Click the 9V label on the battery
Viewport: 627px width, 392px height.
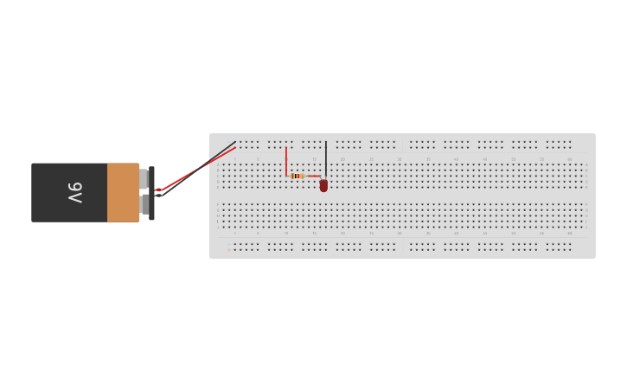(x=75, y=192)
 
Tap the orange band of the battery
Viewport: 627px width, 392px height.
(x=123, y=192)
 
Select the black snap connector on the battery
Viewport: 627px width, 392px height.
(x=151, y=193)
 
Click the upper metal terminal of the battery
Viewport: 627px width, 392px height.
(x=144, y=179)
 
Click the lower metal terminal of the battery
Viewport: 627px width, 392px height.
(x=144, y=205)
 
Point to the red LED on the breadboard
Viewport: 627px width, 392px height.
(x=323, y=185)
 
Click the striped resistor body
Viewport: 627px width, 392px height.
(x=298, y=176)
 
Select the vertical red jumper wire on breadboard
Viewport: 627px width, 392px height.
(x=286, y=161)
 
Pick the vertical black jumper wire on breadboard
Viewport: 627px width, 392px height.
(x=326, y=158)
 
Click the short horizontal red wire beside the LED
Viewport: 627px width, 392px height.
(x=313, y=176)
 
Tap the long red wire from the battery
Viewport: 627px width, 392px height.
(x=199, y=168)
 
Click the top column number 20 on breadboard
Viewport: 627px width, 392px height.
(x=342, y=159)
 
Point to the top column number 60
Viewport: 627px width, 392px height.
(x=570, y=159)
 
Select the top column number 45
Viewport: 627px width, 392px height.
(x=484, y=159)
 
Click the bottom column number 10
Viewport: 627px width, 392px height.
(x=286, y=233)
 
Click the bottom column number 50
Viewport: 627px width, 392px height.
(x=513, y=233)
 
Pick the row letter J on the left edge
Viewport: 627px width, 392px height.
(x=218, y=206)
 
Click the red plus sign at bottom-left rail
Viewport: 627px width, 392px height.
(x=228, y=250)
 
